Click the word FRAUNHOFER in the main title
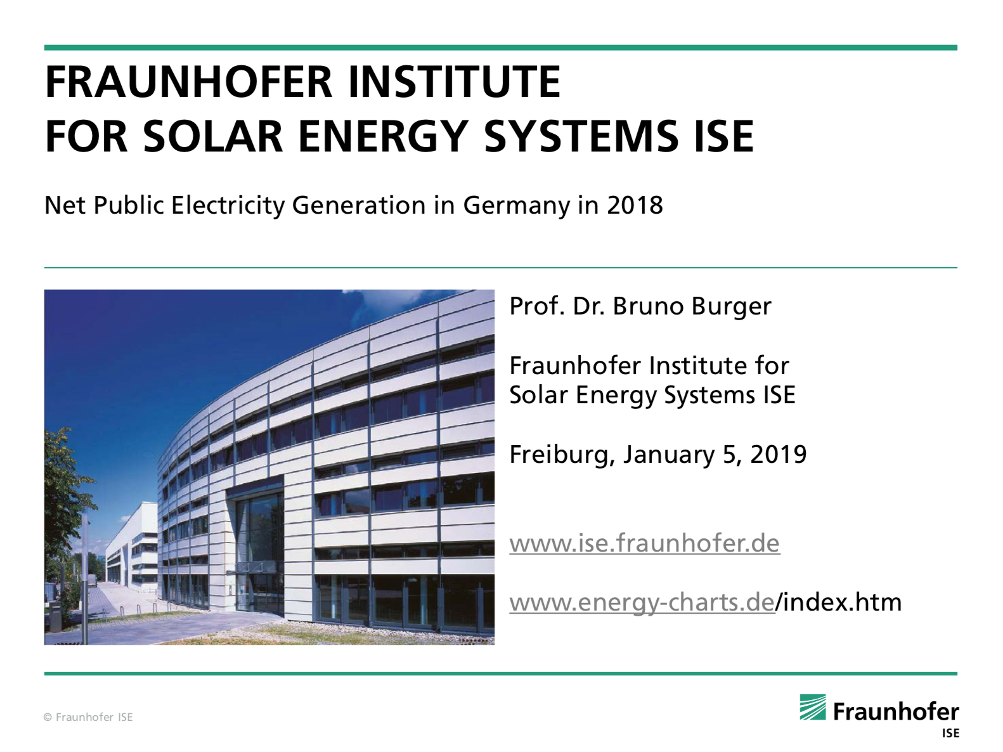pyautogui.click(x=189, y=82)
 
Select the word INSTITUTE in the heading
pyautogui.click(x=455, y=82)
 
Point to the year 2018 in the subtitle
pyautogui.click(x=635, y=205)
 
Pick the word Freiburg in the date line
pyautogui.click(x=562, y=455)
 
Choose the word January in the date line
pyautogui.click(x=668, y=455)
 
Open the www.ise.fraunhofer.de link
pyautogui.click(x=645, y=543)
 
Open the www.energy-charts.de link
pyautogui.click(x=642, y=603)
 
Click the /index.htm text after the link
pyautogui.click(x=839, y=602)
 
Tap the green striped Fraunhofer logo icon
pyautogui.click(x=813, y=707)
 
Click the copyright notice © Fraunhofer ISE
pyautogui.click(x=88, y=717)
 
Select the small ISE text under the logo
pyautogui.click(x=950, y=733)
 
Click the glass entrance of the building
pyautogui.click(x=259, y=543)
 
